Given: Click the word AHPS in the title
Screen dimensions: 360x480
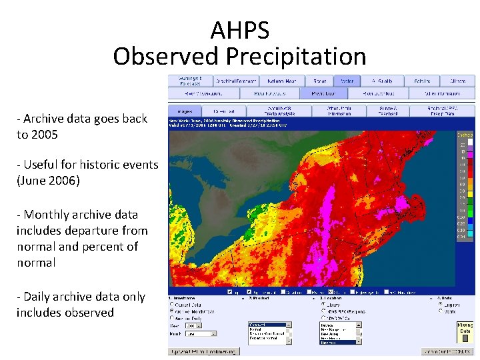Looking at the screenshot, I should pyautogui.click(x=240, y=31).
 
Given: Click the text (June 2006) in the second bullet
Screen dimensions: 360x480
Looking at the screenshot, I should pyautogui.click(x=48, y=180).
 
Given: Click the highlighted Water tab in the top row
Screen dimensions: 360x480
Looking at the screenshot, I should pyautogui.click(x=347, y=81).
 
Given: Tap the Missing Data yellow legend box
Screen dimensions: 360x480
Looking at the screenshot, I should pyautogui.click(x=465, y=328).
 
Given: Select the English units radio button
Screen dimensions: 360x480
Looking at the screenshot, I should pyautogui.click(x=441, y=303).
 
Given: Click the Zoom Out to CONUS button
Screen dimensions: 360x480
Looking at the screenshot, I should pyautogui.click(x=447, y=351).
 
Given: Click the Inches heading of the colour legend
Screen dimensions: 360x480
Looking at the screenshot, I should pyautogui.click(x=465, y=134).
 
